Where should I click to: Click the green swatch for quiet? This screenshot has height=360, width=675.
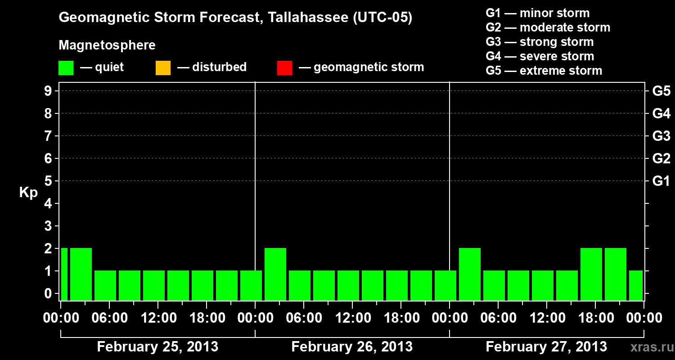tap(66, 68)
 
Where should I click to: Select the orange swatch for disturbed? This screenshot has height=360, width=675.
tap(163, 68)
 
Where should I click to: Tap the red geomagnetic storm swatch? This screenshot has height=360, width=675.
tap(284, 68)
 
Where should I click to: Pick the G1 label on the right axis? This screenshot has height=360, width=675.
tap(661, 181)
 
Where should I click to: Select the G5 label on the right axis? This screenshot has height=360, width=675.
tap(661, 91)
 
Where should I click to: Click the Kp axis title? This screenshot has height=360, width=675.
tap(28, 193)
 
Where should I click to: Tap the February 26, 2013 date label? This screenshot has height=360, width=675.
tap(352, 347)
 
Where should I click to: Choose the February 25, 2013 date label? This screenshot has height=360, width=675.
tap(157, 347)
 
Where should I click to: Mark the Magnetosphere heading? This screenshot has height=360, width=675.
tap(107, 45)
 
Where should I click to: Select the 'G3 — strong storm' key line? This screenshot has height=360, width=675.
tap(540, 42)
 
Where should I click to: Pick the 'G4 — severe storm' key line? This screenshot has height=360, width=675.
tap(540, 56)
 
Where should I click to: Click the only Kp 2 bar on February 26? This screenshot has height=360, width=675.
tap(275, 274)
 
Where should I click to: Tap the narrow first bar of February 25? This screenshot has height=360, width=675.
tap(64, 274)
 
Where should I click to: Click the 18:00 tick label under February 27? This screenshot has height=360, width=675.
tap(595, 318)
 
